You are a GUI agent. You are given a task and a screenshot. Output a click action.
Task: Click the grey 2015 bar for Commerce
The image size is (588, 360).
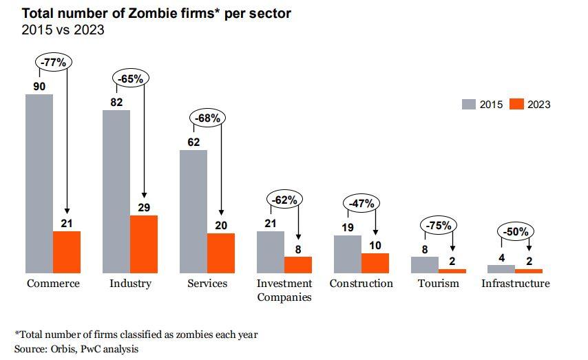[x=39, y=183]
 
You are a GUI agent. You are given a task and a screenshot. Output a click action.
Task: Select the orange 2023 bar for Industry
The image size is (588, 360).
[x=144, y=244]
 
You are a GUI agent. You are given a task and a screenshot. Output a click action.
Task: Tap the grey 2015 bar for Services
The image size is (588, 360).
[x=193, y=211]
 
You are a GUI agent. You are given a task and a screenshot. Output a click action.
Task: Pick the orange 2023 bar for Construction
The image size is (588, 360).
[x=375, y=263]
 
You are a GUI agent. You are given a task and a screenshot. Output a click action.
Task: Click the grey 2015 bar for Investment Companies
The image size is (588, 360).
[x=271, y=251]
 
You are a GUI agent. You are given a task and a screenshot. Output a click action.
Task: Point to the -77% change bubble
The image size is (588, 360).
[x=54, y=61]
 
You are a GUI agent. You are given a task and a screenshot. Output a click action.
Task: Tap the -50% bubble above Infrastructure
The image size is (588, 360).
[x=516, y=232]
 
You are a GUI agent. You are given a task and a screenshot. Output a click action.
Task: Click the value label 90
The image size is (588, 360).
[x=39, y=86]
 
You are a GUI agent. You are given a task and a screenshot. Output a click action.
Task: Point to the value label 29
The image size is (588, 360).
[x=144, y=207]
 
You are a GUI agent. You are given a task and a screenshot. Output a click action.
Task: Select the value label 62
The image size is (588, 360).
[x=193, y=142]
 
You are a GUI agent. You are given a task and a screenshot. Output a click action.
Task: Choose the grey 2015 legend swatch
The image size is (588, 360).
[x=469, y=105]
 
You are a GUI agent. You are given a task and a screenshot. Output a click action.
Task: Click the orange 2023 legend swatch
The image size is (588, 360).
[x=516, y=105]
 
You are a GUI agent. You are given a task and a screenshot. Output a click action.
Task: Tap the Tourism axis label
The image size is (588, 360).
[x=438, y=284]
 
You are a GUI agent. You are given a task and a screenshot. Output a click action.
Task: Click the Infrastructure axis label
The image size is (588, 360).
[x=515, y=284]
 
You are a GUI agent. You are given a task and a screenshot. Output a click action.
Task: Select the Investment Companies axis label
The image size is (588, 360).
[x=284, y=290]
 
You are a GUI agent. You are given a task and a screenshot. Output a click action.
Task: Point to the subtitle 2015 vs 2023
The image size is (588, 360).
[x=63, y=30]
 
